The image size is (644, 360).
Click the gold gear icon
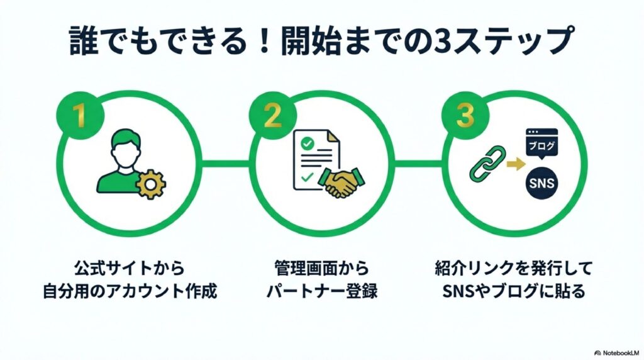pyautogui.click(x=151, y=183)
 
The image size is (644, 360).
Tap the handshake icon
pyautogui.click(x=338, y=183)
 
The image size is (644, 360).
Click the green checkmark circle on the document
pyautogui.click(x=307, y=144)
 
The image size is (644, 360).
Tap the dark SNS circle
pyautogui.click(x=542, y=184)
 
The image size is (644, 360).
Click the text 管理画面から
pyautogui.click(x=321, y=268)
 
